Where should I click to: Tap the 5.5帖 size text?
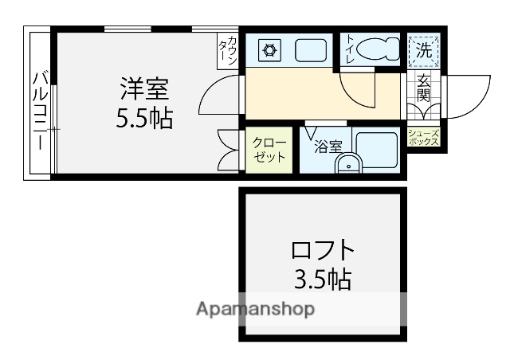pos(144,119)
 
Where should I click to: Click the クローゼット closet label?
pos(269,149)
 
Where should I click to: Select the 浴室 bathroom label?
pos(327,146)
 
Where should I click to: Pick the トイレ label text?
pos(350,50)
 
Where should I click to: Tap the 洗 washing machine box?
pos(425,50)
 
